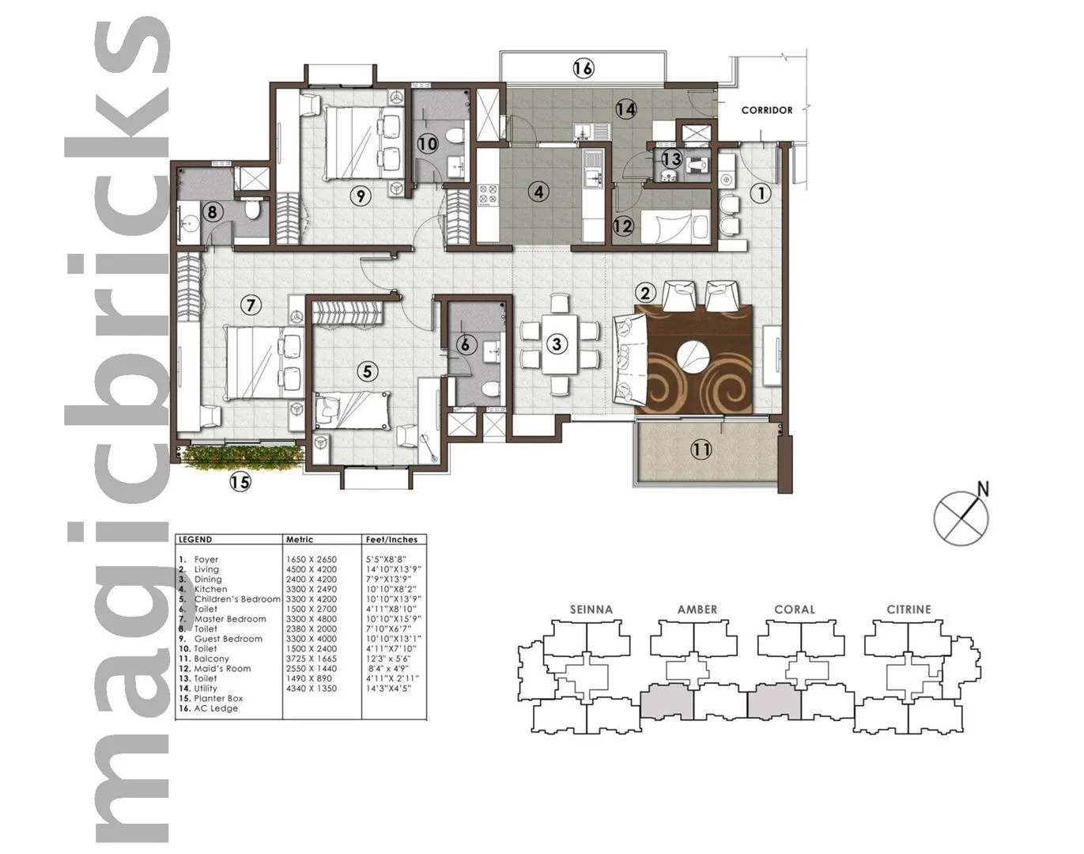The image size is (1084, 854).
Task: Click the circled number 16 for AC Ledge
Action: click(x=583, y=69)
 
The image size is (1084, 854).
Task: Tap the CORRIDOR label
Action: click(x=766, y=110)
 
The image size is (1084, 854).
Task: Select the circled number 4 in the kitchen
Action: click(x=538, y=192)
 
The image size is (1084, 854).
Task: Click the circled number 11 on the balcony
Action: click(x=701, y=450)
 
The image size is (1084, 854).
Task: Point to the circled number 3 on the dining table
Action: click(x=557, y=344)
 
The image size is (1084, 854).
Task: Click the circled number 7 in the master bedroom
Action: click(x=251, y=305)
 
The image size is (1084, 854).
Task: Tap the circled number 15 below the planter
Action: click(x=240, y=481)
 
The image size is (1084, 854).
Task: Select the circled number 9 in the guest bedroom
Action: click(x=361, y=195)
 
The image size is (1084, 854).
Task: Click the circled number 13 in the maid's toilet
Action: click(x=671, y=159)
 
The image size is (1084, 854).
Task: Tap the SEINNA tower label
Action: click(x=591, y=609)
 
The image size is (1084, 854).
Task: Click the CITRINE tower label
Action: click(x=908, y=609)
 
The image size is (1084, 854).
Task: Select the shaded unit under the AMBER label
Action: click(x=667, y=701)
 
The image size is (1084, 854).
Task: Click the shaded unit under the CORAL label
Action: click(x=775, y=701)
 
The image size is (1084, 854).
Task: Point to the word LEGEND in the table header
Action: click(x=195, y=540)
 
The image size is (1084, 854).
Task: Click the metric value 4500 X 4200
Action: click(x=311, y=569)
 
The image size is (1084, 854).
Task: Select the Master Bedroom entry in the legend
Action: click(x=230, y=619)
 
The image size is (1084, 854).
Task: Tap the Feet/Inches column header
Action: click(x=391, y=540)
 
